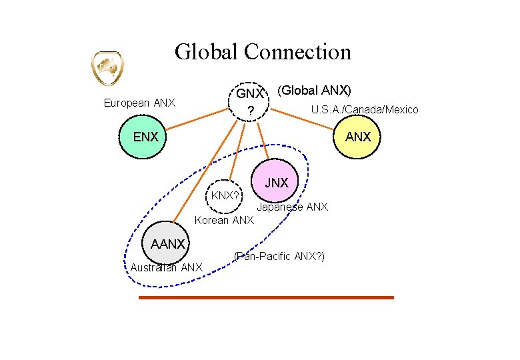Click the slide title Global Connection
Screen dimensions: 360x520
[263, 51]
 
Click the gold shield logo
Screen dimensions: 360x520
[107, 68]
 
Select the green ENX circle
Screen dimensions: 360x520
[145, 137]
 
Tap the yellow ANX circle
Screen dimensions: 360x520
[358, 137]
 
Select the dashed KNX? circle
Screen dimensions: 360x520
[225, 195]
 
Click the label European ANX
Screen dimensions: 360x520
[139, 103]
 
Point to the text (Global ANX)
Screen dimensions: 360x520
[314, 89]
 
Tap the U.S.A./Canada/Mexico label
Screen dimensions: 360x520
[365, 109]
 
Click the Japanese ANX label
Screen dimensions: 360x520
[293, 207]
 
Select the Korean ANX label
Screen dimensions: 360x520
[224, 220]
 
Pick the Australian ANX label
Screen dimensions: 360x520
[166, 268]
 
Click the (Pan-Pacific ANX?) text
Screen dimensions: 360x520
[279, 256]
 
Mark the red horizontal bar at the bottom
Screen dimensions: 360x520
[266, 297]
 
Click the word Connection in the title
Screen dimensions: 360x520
[298, 51]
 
